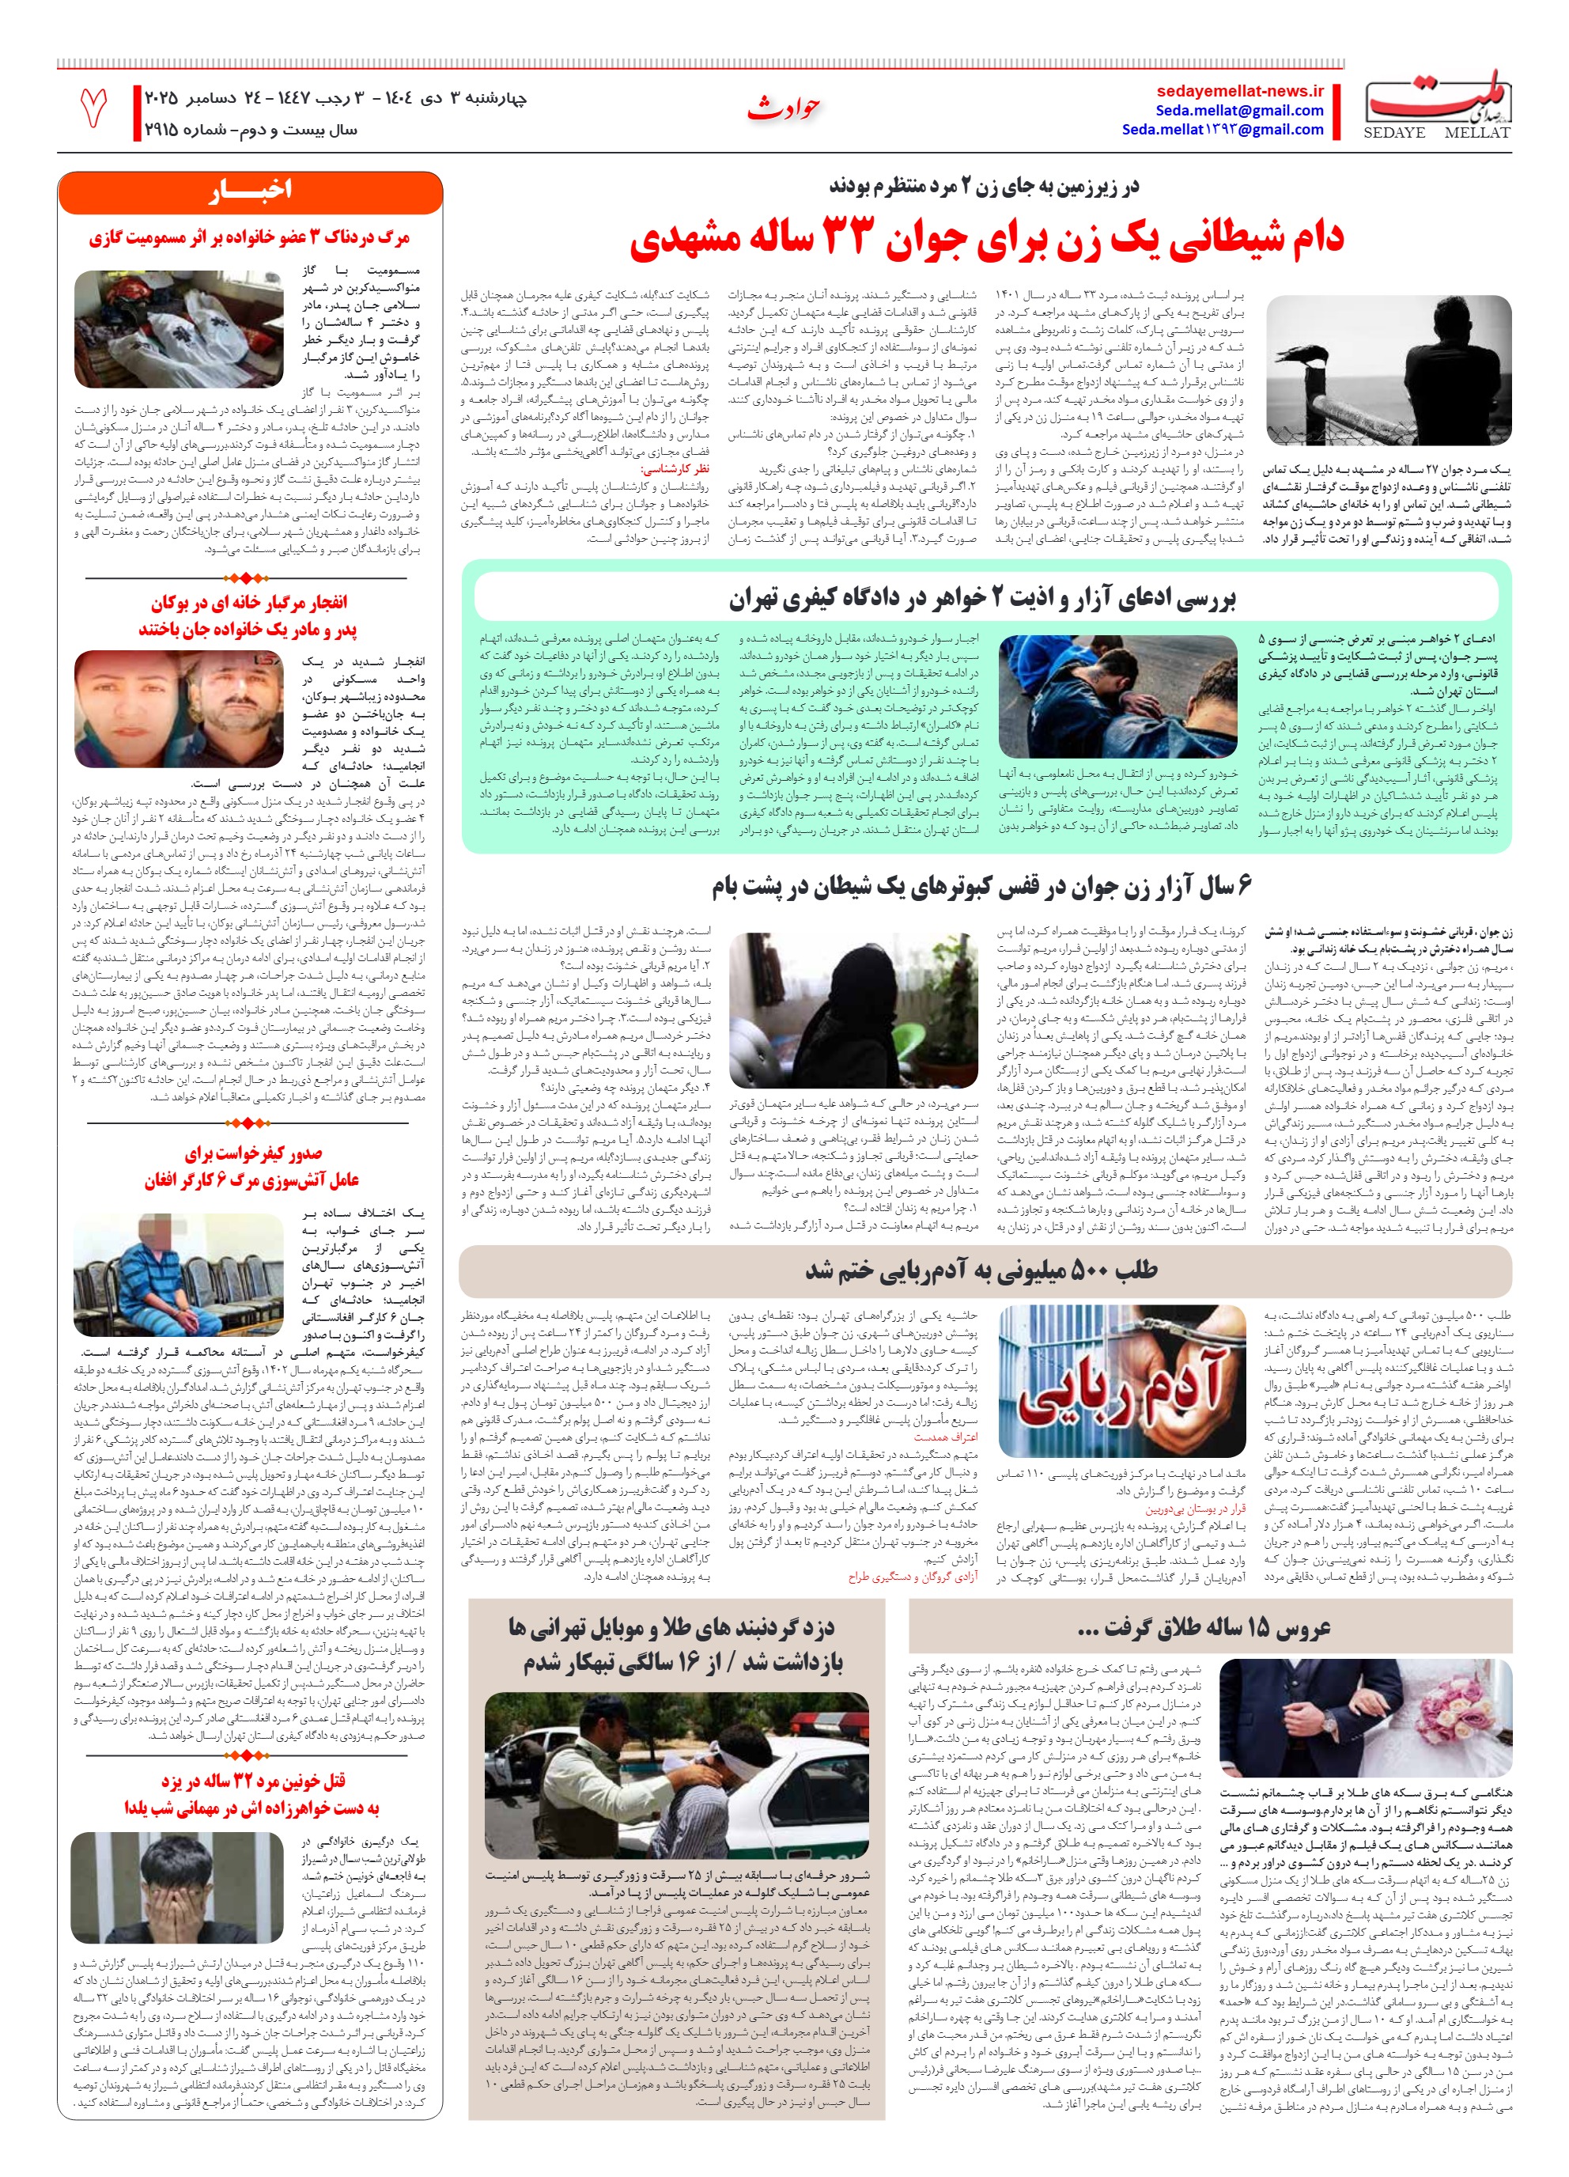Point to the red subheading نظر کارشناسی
tap(675, 469)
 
